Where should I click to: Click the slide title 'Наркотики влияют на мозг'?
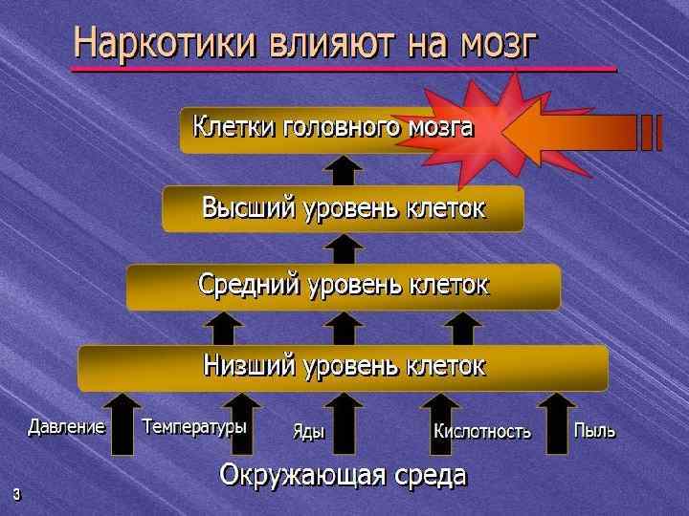pos(306,43)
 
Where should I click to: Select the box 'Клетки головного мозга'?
pos(333,128)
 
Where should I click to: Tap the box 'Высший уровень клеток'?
pos(343,208)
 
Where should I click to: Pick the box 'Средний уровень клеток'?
pos(343,286)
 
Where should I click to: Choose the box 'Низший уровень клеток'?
pos(343,367)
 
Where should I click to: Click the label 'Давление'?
pos(66,427)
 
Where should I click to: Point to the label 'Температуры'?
pos(194,427)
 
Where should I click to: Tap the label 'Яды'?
pos(308,432)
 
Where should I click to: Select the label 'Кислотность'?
pos(482,432)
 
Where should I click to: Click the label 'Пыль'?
pos(594,431)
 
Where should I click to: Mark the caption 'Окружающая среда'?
pos(343,475)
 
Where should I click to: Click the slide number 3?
pos(16,494)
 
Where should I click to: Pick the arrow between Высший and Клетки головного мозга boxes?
pos(343,170)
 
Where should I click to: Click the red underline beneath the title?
pos(344,70)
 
